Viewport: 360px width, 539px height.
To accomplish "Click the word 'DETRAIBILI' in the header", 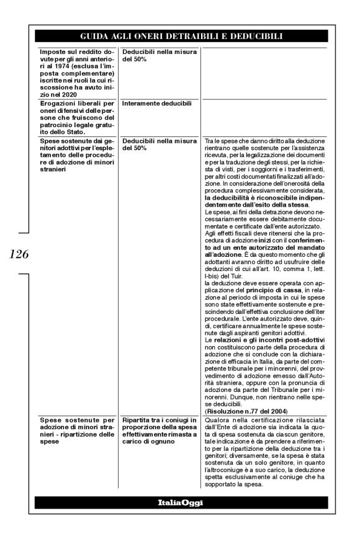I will click(200, 37).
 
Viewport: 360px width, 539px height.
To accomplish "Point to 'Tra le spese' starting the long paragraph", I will click(219, 142).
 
